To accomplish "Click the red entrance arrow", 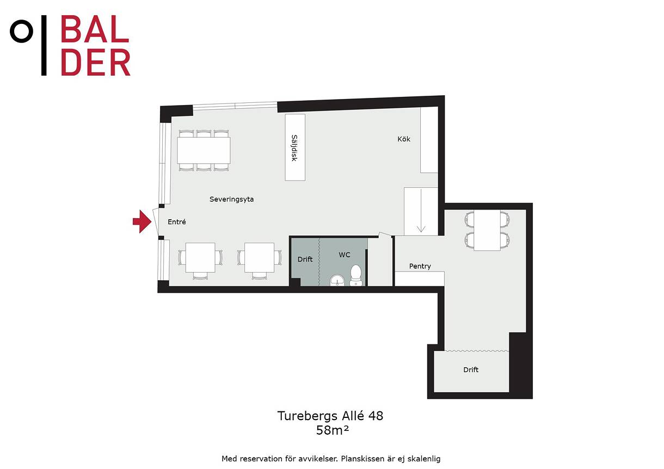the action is pyautogui.click(x=142, y=221).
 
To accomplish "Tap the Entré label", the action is pyautogui.click(x=177, y=221).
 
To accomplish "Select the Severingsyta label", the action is pyautogui.click(x=231, y=199).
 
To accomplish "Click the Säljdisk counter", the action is pyautogui.click(x=295, y=147).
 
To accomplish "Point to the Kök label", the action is pyautogui.click(x=404, y=139).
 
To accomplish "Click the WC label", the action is pyautogui.click(x=345, y=255).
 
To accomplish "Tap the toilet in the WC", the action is pyautogui.click(x=356, y=275).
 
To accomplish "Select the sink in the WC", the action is pyautogui.click(x=337, y=280).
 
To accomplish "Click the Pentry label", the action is pyautogui.click(x=420, y=266).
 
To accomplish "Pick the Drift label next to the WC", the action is pyautogui.click(x=305, y=259).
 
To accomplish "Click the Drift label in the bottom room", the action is pyautogui.click(x=471, y=369).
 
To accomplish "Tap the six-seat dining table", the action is pyautogui.click(x=204, y=150).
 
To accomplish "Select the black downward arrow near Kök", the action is pyautogui.click(x=421, y=211).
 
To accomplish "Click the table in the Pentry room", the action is pyautogui.click(x=487, y=230).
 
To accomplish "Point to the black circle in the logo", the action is pyautogui.click(x=21, y=32).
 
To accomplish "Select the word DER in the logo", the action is pyautogui.click(x=95, y=62).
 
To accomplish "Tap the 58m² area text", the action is pyautogui.click(x=333, y=430).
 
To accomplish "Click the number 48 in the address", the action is pyautogui.click(x=376, y=416).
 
